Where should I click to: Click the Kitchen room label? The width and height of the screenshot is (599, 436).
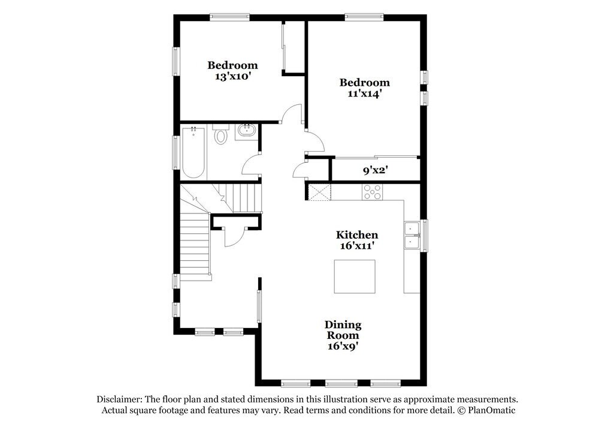click(356, 234)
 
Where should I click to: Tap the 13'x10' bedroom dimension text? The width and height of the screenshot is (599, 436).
click(232, 76)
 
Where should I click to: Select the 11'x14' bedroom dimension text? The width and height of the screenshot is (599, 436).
click(364, 94)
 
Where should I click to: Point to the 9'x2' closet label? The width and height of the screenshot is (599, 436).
click(376, 170)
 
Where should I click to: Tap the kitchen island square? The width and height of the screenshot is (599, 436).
click(355, 276)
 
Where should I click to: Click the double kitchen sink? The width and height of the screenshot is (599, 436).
click(412, 236)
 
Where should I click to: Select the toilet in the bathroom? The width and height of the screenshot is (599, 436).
click(221, 134)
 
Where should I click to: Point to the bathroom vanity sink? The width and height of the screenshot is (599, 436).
click(246, 131)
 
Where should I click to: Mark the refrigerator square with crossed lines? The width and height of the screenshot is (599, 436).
click(319, 193)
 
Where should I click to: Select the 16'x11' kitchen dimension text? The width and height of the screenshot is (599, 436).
click(356, 245)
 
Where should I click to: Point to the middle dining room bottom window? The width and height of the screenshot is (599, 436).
click(340, 383)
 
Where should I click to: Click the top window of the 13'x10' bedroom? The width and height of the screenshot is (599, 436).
click(229, 17)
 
